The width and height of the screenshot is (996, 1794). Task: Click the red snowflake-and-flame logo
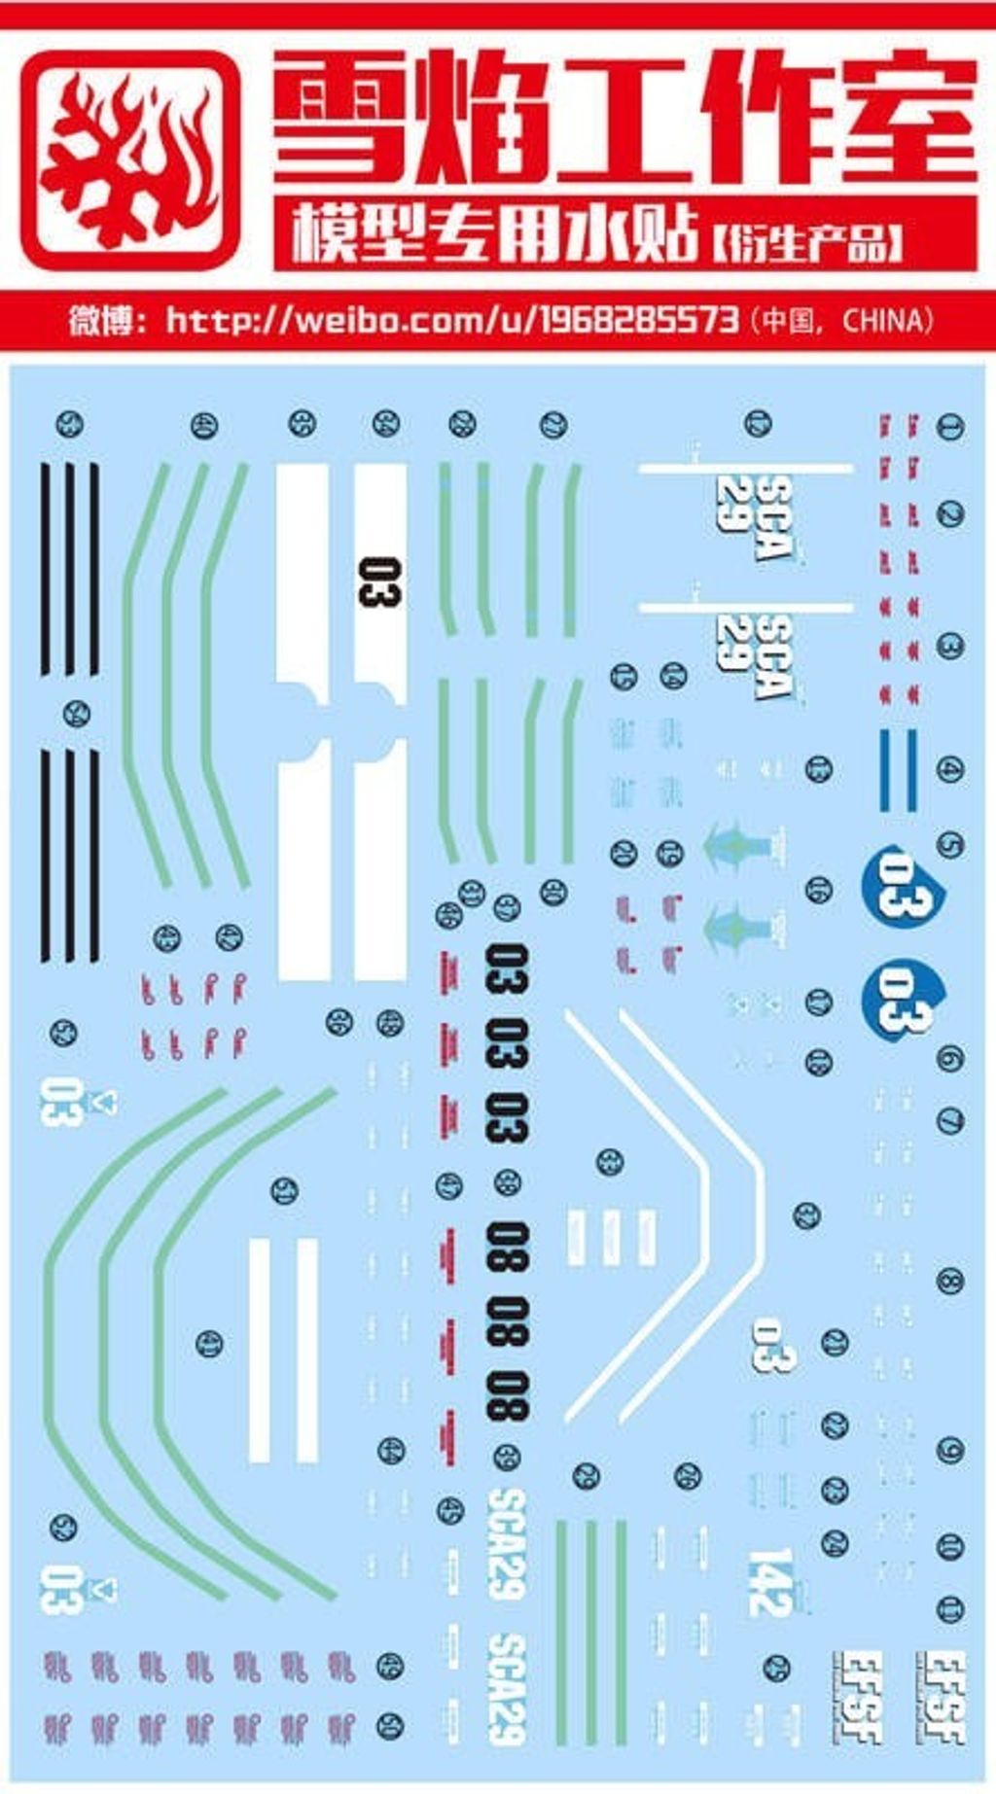129,160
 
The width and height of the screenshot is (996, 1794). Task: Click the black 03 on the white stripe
378,581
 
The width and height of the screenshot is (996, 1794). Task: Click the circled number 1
950,426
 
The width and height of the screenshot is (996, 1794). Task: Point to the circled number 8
950,1280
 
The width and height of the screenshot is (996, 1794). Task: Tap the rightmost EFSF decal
941,1696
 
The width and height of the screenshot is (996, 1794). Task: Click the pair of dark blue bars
899,769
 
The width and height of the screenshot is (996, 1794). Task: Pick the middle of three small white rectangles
610,1237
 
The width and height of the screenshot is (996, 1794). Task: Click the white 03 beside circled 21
774,1345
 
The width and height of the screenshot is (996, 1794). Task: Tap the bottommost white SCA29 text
507,1687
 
